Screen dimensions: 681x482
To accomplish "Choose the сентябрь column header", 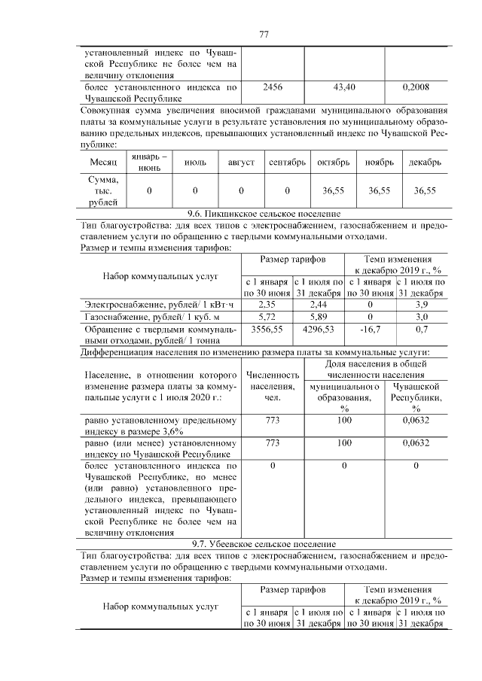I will point(287,163).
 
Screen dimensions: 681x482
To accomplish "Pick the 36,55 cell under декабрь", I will point(426,191).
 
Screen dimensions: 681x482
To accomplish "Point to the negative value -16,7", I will point(370,330).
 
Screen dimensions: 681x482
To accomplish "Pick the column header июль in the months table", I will point(195,163).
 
